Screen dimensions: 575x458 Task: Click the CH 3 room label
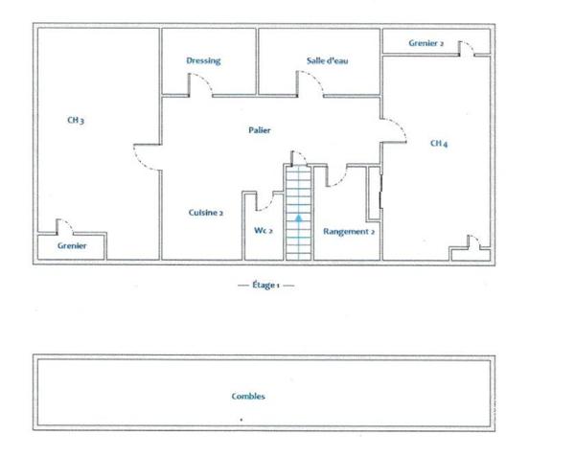click(x=76, y=121)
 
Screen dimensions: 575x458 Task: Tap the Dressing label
click(x=203, y=60)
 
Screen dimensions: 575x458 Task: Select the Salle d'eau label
click(x=327, y=60)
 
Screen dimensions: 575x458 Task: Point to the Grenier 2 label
click(x=426, y=43)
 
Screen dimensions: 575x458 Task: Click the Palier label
click(x=260, y=130)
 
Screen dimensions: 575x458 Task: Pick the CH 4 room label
click(x=439, y=144)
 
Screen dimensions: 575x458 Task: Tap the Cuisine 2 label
click(x=206, y=213)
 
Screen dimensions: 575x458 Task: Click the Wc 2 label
click(x=264, y=231)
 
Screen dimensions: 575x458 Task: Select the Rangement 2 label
click(x=349, y=232)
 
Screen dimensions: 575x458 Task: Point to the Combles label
click(x=248, y=396)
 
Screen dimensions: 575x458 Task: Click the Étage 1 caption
click(x=265, y=285)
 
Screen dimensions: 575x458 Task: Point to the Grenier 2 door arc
click(x=470, y=45)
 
